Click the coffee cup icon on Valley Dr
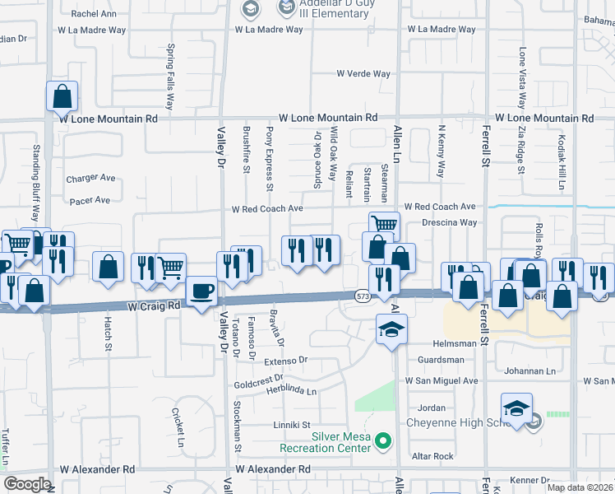202,291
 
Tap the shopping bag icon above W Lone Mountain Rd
62,96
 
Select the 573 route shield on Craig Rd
363,295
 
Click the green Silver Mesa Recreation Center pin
382,442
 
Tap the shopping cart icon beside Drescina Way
384,224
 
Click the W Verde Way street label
363,73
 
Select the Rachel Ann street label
94,14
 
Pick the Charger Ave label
90,178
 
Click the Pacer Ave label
90,200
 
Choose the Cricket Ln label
175,423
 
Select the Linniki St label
291,425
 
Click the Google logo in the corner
27,484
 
